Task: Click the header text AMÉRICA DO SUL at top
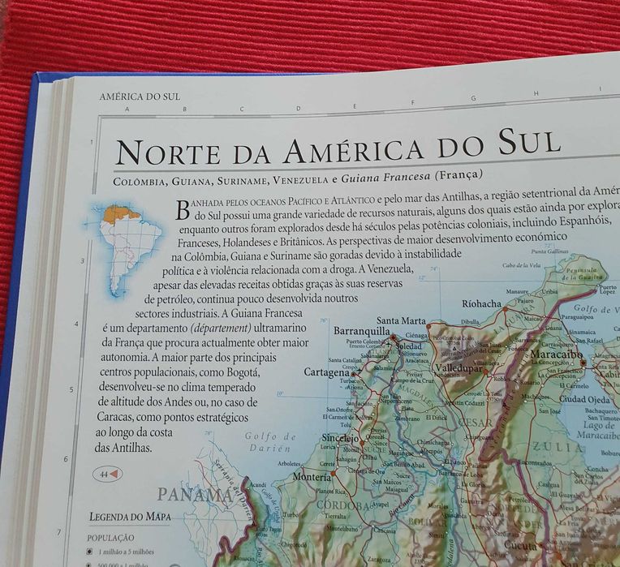(140, 97)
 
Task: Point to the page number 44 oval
(108, 474)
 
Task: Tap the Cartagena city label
(326, 372)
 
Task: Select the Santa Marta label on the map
(402, 320)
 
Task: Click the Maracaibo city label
(558, 354)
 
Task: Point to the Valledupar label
(459, 367)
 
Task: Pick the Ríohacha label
(482, 304)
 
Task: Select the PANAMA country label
(195, 495)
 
